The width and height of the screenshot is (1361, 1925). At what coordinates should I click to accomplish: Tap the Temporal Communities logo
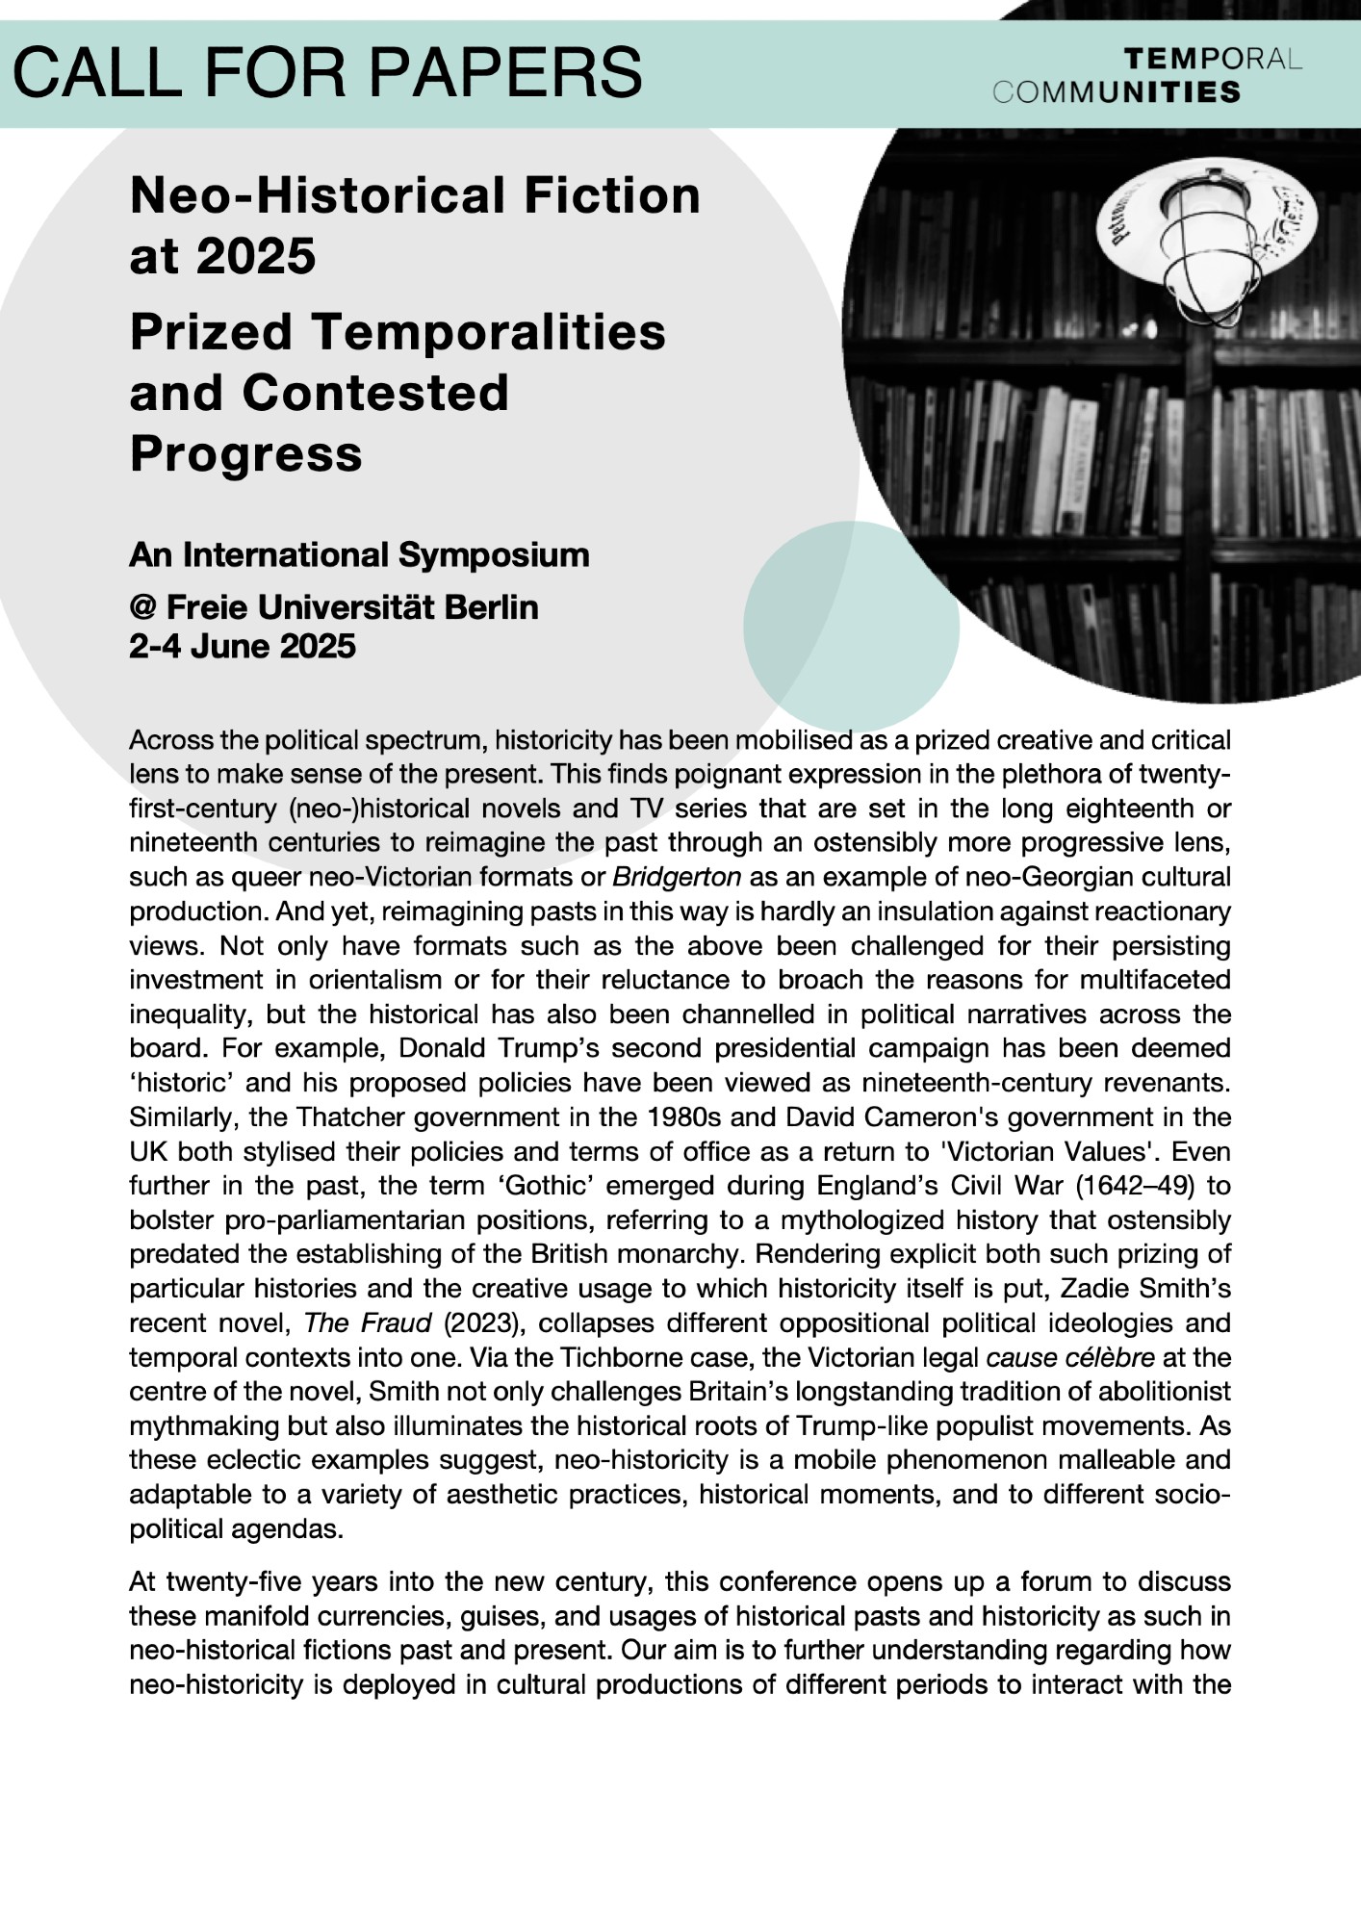pyautogui.click(x=1146, y=76)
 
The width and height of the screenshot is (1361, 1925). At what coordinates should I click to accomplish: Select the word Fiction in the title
pyautogui.click(x=612, y=195)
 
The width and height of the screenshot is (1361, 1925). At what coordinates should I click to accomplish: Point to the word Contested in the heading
pyautogui.click(x=375, y=393)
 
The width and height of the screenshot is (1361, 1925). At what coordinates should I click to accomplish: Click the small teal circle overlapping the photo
pyautogui.click(x=851, y=626)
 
